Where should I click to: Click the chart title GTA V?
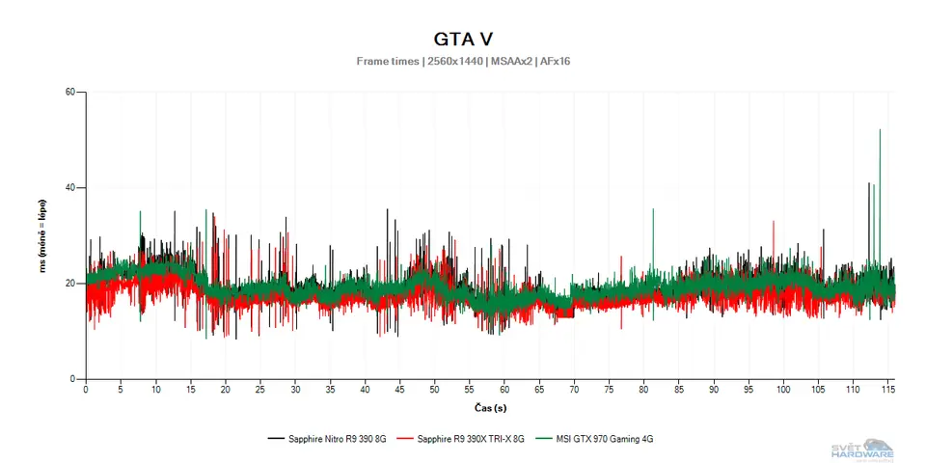pos(462,40)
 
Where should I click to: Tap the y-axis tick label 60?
pos(69,93)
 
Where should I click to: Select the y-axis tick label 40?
pos(69,188)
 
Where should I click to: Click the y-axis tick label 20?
pos(69,284)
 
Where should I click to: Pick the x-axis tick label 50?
pos(435,390)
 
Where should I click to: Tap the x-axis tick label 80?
pos(643,390)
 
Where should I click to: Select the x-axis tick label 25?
pos(260,390)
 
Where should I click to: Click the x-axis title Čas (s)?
pos(491,408)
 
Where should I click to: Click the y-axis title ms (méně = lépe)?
pos(44,236)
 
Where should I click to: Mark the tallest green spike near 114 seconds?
pos(880,131)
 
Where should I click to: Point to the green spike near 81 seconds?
pos(653,210)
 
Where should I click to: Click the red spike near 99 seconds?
pos(774,223)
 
